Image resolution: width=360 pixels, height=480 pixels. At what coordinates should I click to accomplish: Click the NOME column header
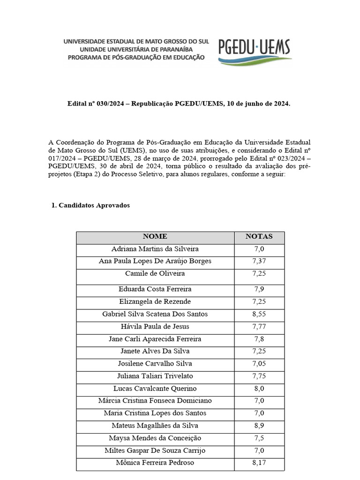155,237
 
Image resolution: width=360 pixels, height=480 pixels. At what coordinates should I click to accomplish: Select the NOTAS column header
259,237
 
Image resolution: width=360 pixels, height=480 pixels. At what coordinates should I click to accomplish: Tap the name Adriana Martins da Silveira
155,249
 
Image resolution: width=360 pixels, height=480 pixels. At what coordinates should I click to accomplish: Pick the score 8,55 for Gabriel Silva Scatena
259,314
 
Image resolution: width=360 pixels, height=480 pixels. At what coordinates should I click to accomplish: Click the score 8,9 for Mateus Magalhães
259,426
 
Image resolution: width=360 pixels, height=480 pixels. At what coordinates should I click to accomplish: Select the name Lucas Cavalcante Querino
155,389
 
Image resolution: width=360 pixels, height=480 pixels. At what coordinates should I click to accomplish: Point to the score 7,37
259,261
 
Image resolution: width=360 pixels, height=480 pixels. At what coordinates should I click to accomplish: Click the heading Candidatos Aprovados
94,206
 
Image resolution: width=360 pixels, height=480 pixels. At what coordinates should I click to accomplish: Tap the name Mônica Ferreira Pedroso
155,463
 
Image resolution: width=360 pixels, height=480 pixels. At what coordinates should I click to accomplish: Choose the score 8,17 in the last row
259,463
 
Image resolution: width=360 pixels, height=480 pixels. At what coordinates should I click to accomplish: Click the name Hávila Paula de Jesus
155,326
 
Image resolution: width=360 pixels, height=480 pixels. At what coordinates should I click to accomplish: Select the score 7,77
259,326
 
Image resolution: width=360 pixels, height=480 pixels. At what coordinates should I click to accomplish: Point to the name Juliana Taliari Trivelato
155,376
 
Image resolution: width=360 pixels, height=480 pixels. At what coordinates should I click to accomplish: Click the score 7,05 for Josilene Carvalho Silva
259,364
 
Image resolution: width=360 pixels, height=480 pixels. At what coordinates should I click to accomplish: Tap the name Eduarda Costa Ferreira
155,289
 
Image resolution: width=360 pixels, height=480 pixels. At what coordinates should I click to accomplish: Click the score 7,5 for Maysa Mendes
259,438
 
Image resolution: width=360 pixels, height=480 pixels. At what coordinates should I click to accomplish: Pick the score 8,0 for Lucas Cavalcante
259,389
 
